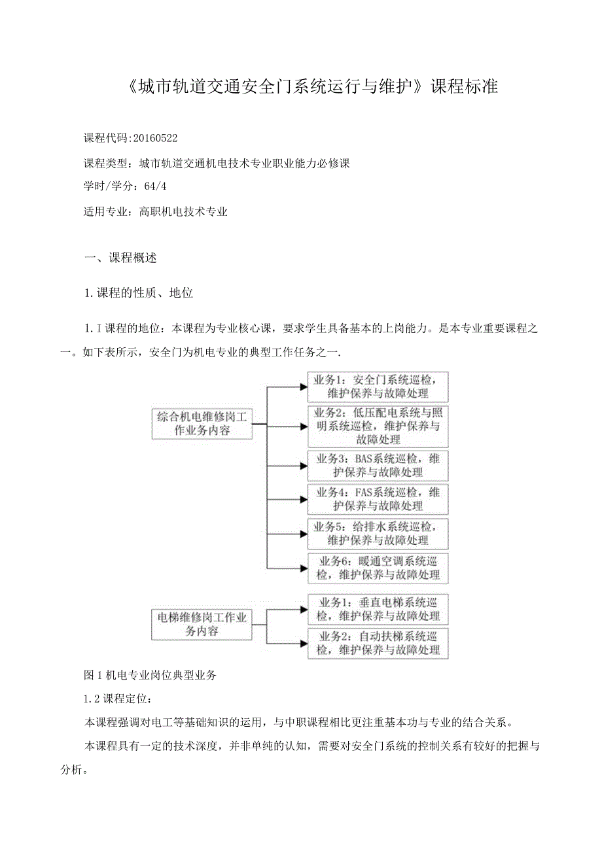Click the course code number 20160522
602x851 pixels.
tap(155, 138)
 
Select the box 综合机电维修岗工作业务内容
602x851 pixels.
tap(202, 424)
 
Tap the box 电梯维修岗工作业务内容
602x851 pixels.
tap(202, 623)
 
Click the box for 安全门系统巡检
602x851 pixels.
tap(378, 386)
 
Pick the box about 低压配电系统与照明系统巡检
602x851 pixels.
tap(378, 426)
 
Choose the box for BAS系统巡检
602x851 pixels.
tap(378, 465)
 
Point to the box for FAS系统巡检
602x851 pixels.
tap(378, 498)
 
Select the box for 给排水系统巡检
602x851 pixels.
tap(378, 532)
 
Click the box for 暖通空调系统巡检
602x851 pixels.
tap(378, 568)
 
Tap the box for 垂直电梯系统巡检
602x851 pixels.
tap(378, 608)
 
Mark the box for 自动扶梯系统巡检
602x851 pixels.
tap(378, 642)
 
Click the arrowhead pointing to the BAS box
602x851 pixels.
tap(303, 466)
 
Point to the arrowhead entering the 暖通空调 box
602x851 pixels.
tap(303, 567)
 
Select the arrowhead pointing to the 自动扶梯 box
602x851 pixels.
tap(303, 642)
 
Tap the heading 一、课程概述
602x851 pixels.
tap(121, 258)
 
